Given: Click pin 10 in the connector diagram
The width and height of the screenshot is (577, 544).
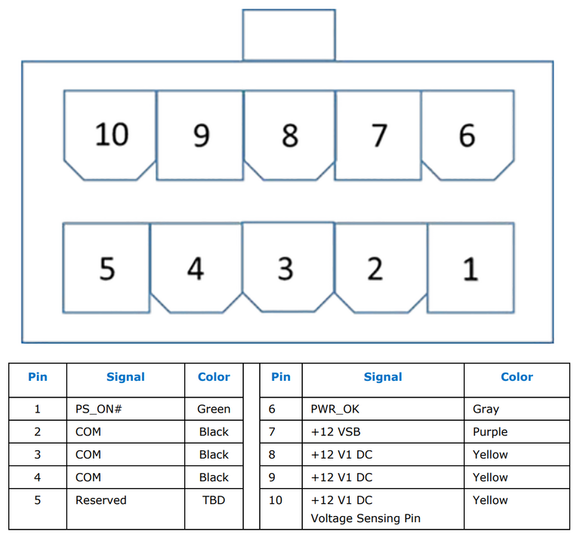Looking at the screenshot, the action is click(x=110, y=135).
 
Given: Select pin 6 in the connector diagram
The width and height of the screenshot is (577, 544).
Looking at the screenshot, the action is click(x=467, y=135).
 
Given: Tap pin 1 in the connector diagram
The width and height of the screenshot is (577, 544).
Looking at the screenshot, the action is click(x=471, y=268).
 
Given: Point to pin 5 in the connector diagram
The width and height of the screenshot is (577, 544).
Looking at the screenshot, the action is click(x=106, y=268).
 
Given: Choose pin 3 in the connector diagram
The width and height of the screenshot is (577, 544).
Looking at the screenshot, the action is click(x=288, y=267).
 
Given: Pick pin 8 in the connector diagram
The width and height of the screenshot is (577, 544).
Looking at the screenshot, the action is click(x=289, y=135).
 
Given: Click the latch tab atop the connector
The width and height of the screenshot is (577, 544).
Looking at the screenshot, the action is click(x=288, y=35).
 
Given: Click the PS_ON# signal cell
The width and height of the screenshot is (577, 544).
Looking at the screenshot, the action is click(x=125, y=409).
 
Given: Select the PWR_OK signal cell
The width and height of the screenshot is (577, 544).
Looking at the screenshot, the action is click(x=383, y=409).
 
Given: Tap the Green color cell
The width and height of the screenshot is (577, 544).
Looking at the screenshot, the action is click(x=214, y=409).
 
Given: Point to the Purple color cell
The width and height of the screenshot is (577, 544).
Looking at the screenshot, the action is click(x=517, y=431).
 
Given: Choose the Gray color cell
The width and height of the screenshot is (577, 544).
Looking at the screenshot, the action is click(x=517, y=409).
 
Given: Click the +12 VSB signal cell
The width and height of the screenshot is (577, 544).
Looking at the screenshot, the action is click(x=383, y=431).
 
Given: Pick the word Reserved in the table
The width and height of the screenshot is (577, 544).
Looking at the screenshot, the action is click(x=101, y=500).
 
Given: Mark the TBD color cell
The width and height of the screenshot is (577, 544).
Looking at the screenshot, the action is click(x=214, y=509).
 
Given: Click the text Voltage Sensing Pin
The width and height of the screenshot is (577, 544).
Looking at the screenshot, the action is click(x=366, y=518).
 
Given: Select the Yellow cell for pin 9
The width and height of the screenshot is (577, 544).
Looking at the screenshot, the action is click(x=517, y=478).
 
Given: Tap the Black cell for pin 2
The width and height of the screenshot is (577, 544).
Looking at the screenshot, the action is click(x=214, y=431).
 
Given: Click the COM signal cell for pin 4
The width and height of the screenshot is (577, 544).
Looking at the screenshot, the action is click(x=125, y=478).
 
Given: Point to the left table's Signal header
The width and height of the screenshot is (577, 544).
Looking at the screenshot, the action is click(x=125, y=377).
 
